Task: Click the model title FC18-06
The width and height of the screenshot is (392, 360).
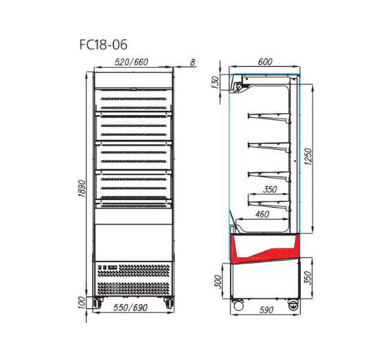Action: click(104, 45)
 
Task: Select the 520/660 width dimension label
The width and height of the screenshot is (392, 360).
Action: click(131, 62)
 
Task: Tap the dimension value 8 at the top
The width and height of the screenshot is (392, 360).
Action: click(193, 62)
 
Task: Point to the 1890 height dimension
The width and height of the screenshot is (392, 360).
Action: click(82, 188)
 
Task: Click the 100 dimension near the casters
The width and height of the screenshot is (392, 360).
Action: click(81, 303)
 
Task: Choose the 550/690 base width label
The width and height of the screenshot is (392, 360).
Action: click(130, 308)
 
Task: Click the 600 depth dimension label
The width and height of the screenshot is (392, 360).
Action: click(265, 61)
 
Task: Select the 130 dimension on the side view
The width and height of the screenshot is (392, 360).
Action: click(215, 83)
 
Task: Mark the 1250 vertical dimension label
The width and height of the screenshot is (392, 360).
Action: click(308, 157)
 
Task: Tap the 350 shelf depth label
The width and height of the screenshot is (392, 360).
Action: click(270, 190)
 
